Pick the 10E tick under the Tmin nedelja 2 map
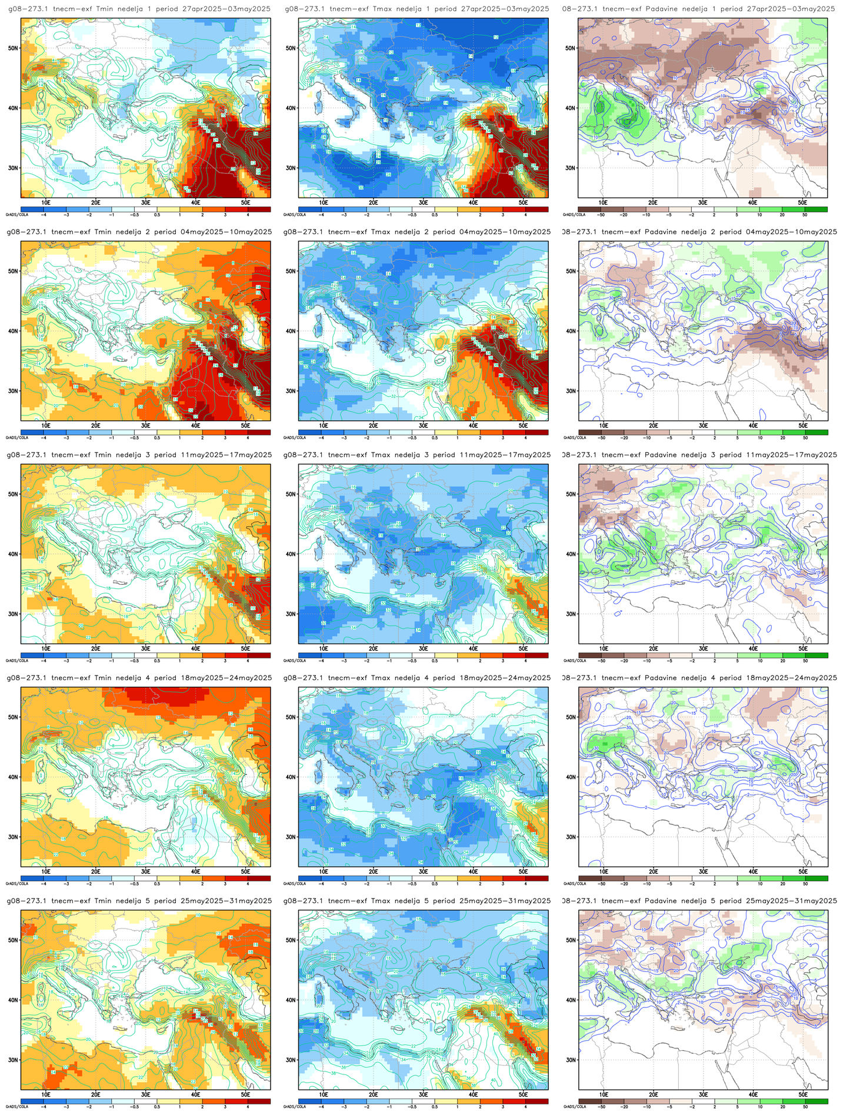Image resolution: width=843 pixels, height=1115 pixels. [46, 425]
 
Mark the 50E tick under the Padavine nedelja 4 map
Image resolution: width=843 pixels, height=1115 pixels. [803, 871]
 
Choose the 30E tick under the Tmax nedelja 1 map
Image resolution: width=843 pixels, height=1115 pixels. [423, 202]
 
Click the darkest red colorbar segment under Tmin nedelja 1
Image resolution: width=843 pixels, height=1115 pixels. [259, 209]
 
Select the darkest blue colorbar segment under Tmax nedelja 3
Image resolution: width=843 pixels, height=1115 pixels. [309, 655]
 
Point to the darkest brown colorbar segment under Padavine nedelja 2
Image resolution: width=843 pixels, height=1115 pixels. [589, 432]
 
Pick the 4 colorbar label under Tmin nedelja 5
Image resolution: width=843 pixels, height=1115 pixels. [248, 1106]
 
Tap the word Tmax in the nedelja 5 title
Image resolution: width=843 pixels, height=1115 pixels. [381, 901]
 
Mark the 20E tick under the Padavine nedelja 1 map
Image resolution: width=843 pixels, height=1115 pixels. [653, 202]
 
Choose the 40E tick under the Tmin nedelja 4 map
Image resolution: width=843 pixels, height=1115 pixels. [196, 871]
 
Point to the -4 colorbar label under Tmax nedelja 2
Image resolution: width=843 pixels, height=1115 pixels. [321, 438]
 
